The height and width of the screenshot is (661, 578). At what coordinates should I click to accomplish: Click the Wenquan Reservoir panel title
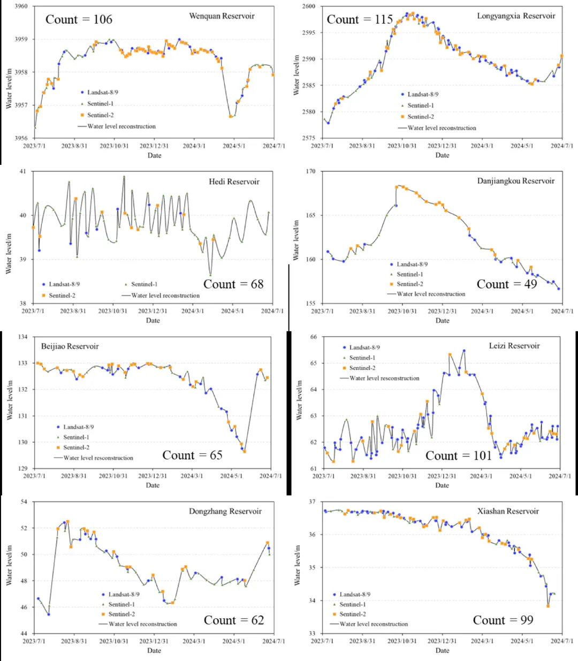[x=222, y=16]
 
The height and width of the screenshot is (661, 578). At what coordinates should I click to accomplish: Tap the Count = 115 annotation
[x=360, y=20]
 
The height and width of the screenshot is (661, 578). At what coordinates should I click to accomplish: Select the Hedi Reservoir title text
[x=234, y=182]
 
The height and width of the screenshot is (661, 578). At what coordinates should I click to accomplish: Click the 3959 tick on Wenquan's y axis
[x=21, y=39]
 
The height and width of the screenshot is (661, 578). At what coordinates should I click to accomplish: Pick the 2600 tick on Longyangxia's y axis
[x=309, y=6]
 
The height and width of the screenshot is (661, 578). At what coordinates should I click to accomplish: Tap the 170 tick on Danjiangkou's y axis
[x=311, y=172]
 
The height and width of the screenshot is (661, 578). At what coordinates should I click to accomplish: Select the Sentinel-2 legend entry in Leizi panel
[x=362, y=368]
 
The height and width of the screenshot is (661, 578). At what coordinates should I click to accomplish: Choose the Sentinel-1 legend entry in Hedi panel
[x=144, y=284]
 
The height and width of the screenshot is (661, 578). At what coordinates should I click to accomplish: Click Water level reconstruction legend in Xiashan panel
[x=374, y=624]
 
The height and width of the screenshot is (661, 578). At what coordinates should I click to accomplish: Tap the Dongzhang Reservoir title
[x=225, y=512]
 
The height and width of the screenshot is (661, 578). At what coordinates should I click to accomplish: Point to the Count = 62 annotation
[x=234, y=620]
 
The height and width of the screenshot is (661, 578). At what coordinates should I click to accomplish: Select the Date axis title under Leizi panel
[x=442, y=485]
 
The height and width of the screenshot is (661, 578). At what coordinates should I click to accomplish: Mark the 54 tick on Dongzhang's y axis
[x=24, y=502]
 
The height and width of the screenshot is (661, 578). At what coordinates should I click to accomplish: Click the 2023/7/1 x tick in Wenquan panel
[x=34, y=146]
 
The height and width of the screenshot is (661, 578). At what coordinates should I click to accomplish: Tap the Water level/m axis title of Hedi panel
[x=8, y=254]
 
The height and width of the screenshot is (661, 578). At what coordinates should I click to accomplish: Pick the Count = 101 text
[x=458, y=456]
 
